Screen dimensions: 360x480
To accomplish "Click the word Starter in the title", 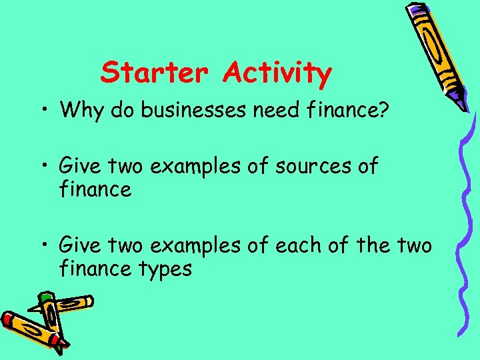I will (154, 72).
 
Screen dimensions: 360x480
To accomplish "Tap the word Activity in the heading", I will (277, 73).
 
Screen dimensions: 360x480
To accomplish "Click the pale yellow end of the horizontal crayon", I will (87, 301).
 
